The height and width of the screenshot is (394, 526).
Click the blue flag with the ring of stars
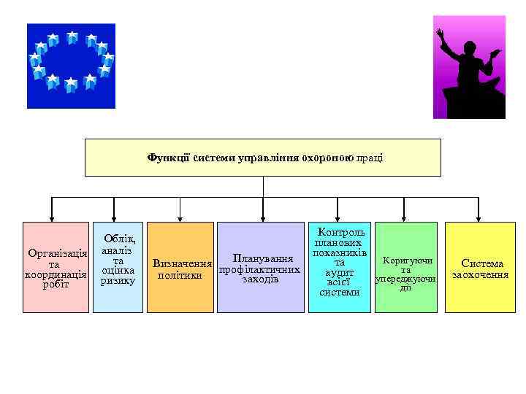[71, 66]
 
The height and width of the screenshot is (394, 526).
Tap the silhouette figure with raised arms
[468, 67]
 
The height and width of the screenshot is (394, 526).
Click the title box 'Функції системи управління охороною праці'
[263, 158]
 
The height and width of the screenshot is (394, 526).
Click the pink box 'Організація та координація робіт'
[56, 268]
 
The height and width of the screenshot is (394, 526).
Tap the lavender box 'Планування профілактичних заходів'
[262, 268]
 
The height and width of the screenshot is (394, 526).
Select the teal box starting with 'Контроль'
[339, 268]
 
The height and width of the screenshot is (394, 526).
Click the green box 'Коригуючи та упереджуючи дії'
[405, 268]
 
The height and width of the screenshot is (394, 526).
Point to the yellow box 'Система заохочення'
[480, 268]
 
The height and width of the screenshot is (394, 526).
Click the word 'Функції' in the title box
[168, 158]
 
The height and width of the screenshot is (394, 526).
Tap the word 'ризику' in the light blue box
[118, 281]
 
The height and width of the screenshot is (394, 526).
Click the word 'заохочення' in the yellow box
[480, 275]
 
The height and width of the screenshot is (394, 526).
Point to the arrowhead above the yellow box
[477, 217]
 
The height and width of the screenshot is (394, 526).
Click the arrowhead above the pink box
[52, 217]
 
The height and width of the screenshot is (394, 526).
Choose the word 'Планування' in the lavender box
[262, 258]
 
